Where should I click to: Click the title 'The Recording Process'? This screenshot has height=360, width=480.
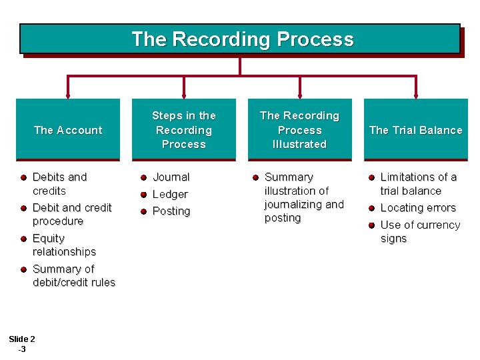tap(242, 39)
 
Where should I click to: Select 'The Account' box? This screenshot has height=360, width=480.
tap(68, 130)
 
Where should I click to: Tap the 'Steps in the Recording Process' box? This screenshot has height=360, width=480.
tap(184, 130)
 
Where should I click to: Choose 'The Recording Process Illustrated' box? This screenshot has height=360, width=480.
tap(299, 130)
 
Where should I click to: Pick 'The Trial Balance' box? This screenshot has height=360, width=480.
tap(415, 130)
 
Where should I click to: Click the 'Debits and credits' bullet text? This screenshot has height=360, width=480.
tap(59, 184)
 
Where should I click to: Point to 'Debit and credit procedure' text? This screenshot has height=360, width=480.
tap(71, 214)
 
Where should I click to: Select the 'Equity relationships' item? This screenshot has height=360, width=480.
tap(64, 245)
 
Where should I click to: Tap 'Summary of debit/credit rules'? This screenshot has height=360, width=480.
tap(73, 275)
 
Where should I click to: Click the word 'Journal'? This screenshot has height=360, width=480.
tap(171, 177)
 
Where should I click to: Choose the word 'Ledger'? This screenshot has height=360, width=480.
tap(170, 194)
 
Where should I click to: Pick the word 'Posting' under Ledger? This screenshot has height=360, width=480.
tap(171, 211)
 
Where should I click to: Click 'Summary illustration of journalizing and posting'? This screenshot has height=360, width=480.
tap(303, 197)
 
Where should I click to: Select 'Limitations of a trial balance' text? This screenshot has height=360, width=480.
tap(418, 184)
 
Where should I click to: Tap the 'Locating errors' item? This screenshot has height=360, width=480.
tap(417, 208)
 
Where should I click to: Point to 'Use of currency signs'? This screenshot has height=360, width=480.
tap(419, 231)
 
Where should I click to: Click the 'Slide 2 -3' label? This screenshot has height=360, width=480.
tap(23, 343)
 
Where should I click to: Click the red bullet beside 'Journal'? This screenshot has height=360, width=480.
tap(143, 177)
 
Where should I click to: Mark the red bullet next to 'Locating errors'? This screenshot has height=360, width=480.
tap(371, 208)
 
